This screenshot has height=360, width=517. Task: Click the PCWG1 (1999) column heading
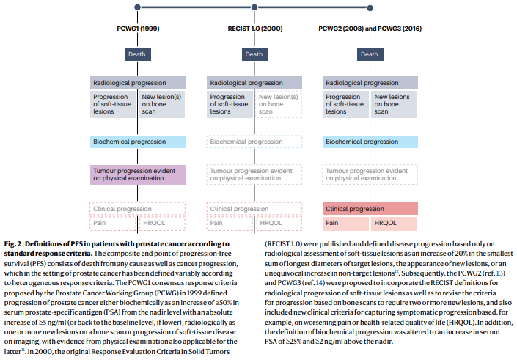pos(137,28)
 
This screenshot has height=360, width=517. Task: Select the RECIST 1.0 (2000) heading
pos(254,28)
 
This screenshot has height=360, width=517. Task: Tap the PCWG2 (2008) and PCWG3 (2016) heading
pos(370,28)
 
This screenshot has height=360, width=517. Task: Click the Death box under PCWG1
pos(137,54)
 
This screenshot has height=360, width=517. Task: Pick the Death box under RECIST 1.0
pos(254,54)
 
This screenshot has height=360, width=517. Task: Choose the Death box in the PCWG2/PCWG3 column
pos(370,54)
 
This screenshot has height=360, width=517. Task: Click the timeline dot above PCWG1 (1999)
pos(137,7)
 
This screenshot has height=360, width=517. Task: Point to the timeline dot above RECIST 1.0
pos(254,7)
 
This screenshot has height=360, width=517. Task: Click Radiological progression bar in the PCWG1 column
pos(137,83)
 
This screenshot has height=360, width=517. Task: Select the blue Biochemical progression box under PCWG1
pos(137,141)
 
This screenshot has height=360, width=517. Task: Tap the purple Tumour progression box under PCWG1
pos(137,175)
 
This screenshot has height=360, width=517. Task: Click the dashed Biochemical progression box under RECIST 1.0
pos(254,141)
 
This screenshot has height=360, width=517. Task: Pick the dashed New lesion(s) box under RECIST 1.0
pos(278,104)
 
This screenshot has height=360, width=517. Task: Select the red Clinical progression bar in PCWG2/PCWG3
pos(370,209)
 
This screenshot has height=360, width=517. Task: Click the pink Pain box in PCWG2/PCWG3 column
pos(346,223)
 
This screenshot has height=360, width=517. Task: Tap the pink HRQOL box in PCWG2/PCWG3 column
pos(395,223)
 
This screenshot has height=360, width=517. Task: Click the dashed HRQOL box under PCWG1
pos(161,223)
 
